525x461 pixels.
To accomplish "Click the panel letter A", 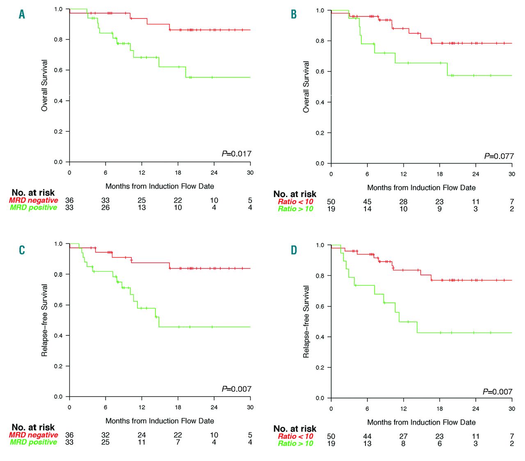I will (x=22, y=14).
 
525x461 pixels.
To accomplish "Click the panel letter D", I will (x=294, y=250).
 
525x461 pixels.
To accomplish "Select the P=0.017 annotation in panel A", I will (x=237, y=154).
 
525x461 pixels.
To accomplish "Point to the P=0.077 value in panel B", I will (x=499, y=156).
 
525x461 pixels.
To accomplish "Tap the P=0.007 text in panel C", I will (x=237, y=389).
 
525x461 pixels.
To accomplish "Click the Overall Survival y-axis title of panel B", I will (x=306, y=87).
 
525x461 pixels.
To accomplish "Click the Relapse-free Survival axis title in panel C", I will (x=44, y=320).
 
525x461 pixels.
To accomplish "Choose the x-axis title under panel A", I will (x=160, y=186).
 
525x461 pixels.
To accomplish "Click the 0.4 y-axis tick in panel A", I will (x=58, y=101).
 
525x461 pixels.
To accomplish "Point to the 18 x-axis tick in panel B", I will (x=439, y=174).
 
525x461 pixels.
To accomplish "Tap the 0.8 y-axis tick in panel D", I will (x=320, y=276).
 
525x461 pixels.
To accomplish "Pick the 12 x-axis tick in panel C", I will (x=142, y=407).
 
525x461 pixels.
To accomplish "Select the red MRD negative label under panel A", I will (x=34, y=200).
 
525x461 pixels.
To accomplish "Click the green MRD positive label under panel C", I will (x=34, y=442).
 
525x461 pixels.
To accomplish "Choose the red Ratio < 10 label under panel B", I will (x=295, y=202).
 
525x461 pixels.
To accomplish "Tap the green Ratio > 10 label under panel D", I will (x=295, y=443).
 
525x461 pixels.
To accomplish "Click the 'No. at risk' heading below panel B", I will (x=294, y=194).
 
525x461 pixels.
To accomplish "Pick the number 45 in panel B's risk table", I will (x=367, y=202).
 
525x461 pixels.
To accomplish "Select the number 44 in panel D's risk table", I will (x=367, y=436).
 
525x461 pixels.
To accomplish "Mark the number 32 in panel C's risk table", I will (x=105, y=435).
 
